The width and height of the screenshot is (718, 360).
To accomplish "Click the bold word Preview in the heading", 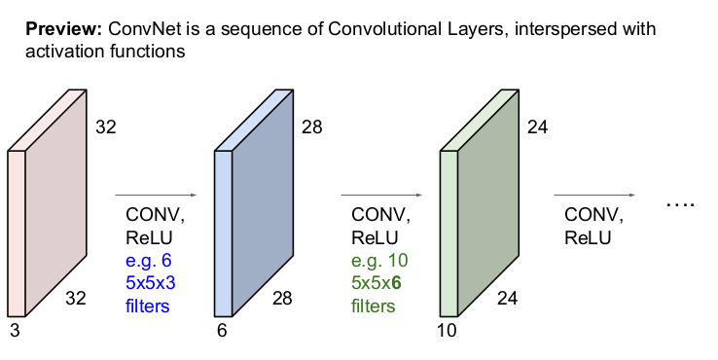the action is click(63, 29).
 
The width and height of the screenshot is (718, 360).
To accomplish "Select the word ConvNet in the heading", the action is click(145, 29).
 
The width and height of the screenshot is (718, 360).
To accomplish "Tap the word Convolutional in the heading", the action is click(383, 29).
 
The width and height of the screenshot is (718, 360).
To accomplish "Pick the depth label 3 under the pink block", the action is click(16, 330).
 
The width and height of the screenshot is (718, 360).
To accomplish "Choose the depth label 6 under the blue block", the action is click(222, 330).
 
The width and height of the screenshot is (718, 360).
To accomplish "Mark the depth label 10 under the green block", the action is click(447, 330).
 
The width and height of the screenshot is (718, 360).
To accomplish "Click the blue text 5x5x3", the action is click(151, 283).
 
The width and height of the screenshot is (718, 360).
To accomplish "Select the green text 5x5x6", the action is click(377, 283).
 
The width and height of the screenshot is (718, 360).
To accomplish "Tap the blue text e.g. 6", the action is click(148, 261).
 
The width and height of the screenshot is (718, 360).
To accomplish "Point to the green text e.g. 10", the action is click(379, 261).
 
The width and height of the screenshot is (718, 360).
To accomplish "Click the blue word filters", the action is click(148, 306).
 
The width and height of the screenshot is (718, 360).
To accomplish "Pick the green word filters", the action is click(374, 306).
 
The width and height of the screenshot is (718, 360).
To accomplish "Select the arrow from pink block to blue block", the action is click(156, 196).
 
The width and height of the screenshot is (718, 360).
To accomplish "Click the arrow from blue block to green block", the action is click(381, 196).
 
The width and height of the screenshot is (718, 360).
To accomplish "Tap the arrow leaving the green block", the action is click(594, 196).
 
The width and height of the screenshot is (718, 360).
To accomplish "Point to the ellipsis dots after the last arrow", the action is click(681, 204).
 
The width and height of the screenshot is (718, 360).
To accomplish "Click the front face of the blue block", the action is click(224, 234).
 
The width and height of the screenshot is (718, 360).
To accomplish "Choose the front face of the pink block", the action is click(16, 234).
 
